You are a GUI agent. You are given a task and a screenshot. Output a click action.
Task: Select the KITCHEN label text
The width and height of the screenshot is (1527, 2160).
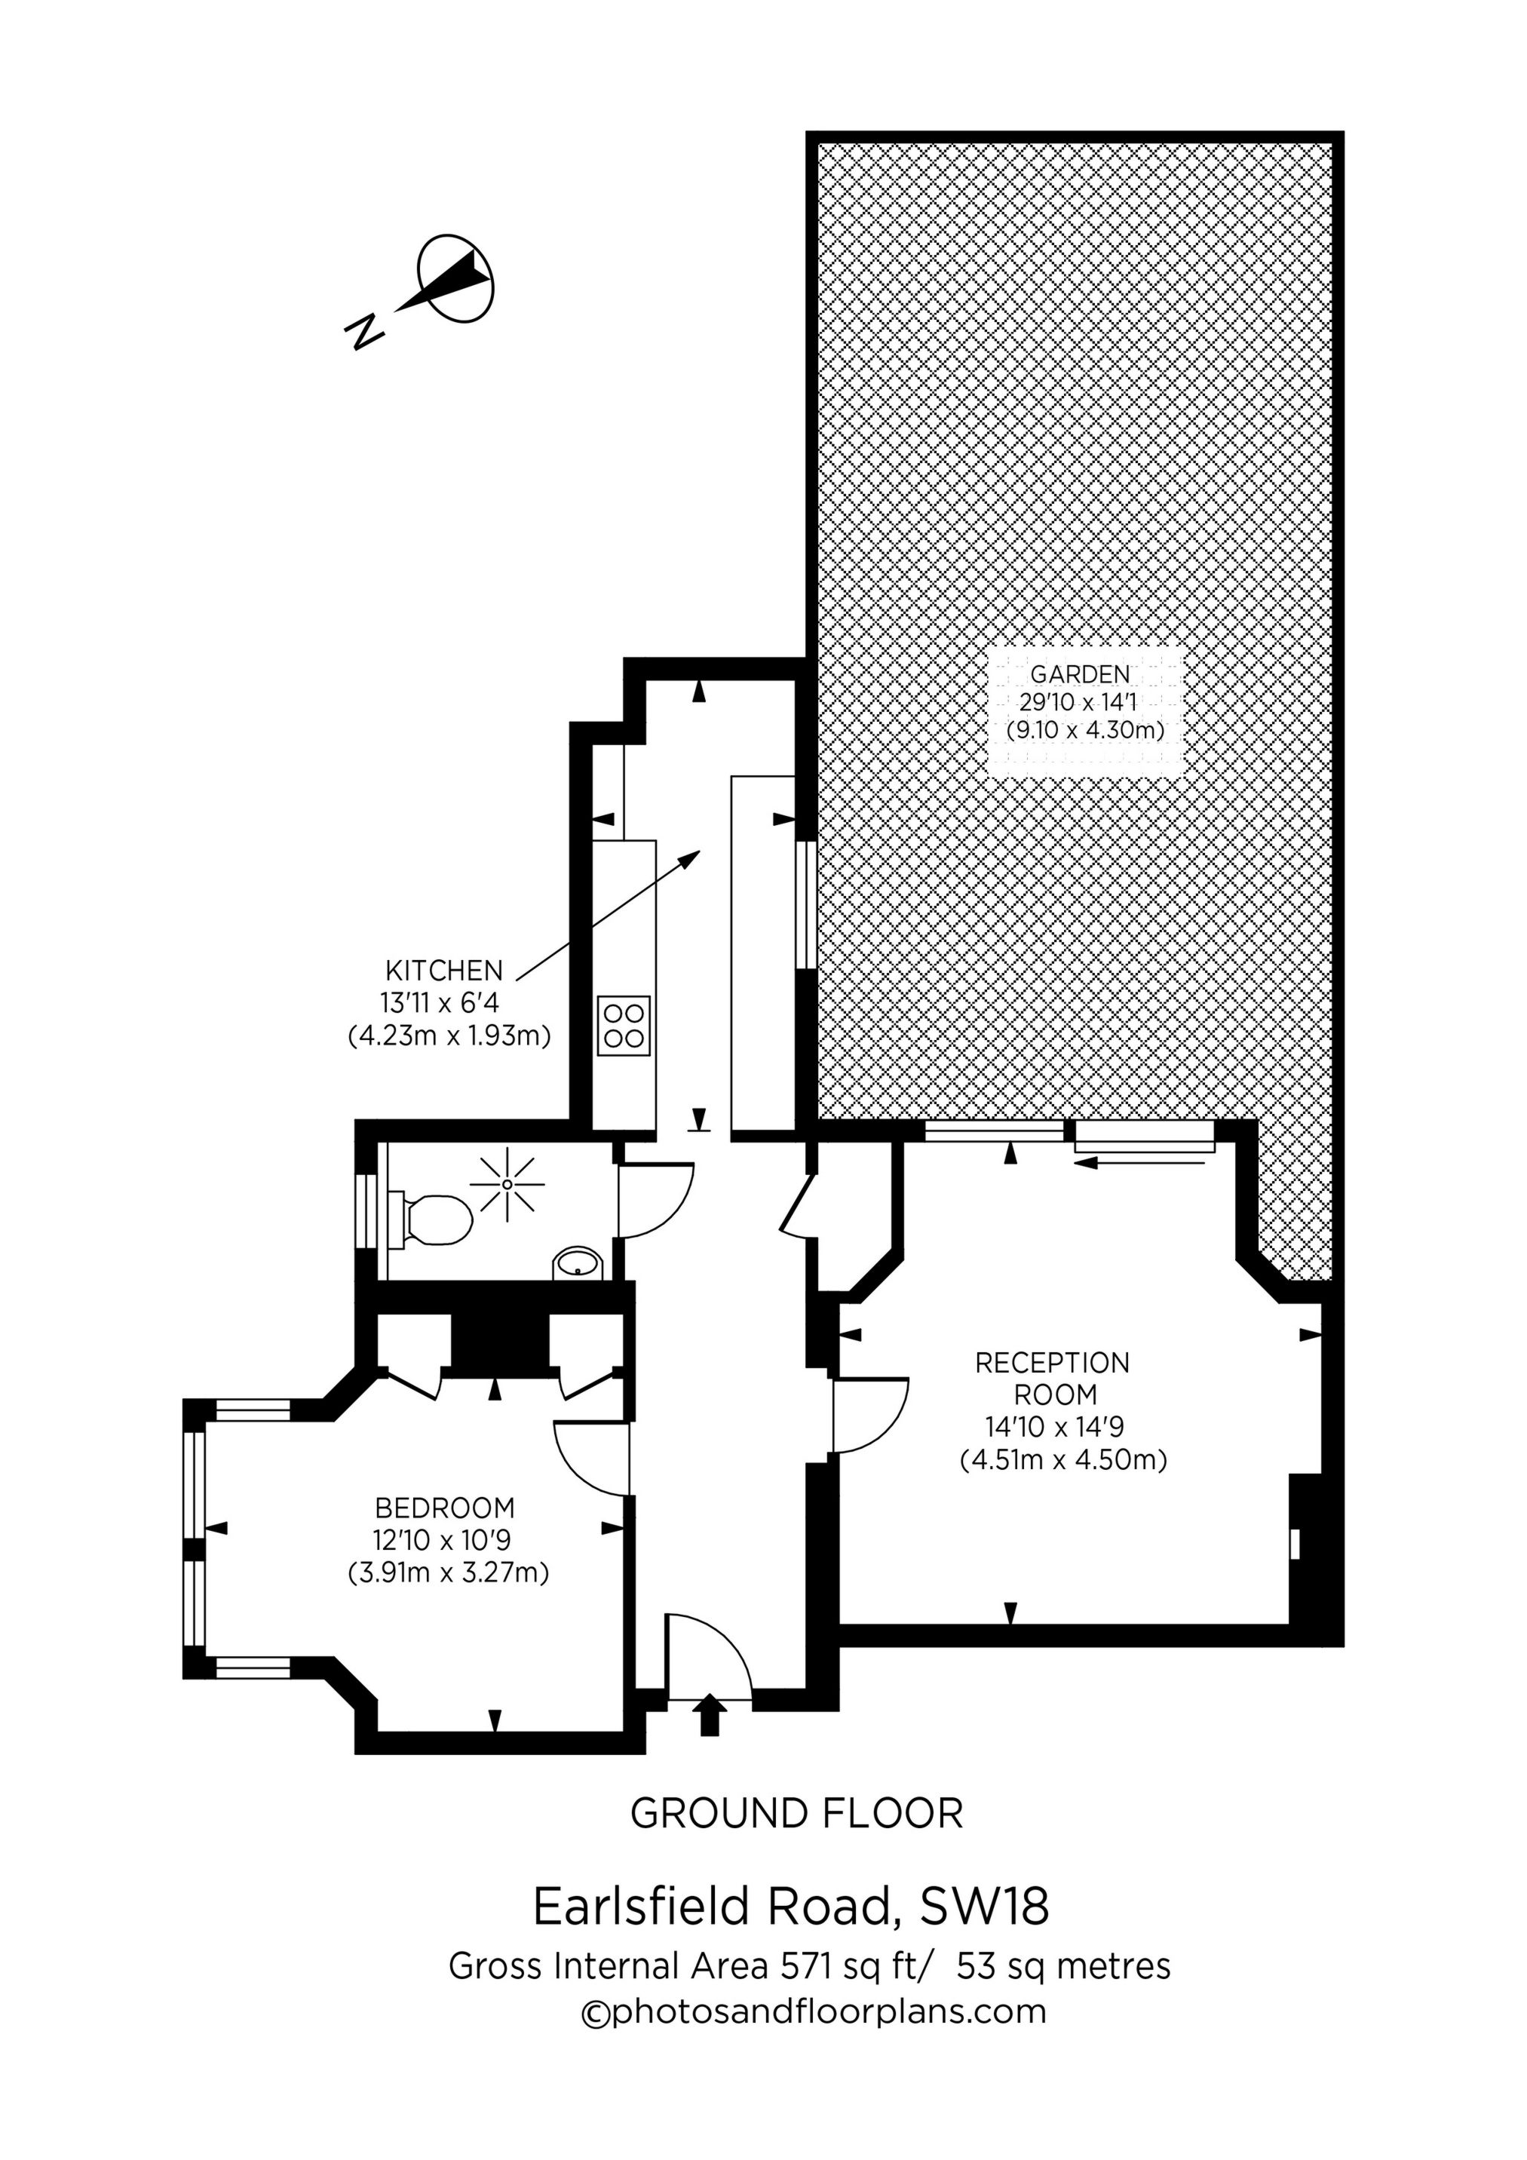(444, 971)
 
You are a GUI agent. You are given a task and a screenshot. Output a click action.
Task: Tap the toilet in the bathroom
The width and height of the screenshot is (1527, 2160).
(434, 1220)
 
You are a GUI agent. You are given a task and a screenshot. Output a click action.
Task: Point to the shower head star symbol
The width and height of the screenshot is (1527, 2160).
(507, 1183)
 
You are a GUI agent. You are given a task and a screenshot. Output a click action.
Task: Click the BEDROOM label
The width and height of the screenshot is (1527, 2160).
(445, 1508)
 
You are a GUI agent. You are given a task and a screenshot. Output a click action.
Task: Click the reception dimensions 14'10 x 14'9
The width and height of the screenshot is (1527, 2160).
(1053, 1427)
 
